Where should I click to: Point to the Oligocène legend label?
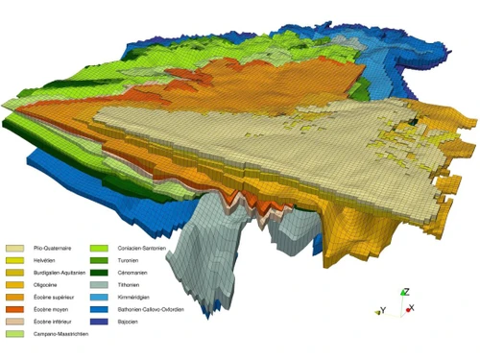coord(45,285)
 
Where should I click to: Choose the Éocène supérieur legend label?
coord(52,298)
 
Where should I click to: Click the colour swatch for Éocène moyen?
coord(14,310)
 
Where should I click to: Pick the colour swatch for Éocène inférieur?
coord(14,322)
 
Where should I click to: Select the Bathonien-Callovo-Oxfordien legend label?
coord(157,310)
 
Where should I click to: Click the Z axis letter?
coord(407,291)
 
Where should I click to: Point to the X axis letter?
coord(411,308)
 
